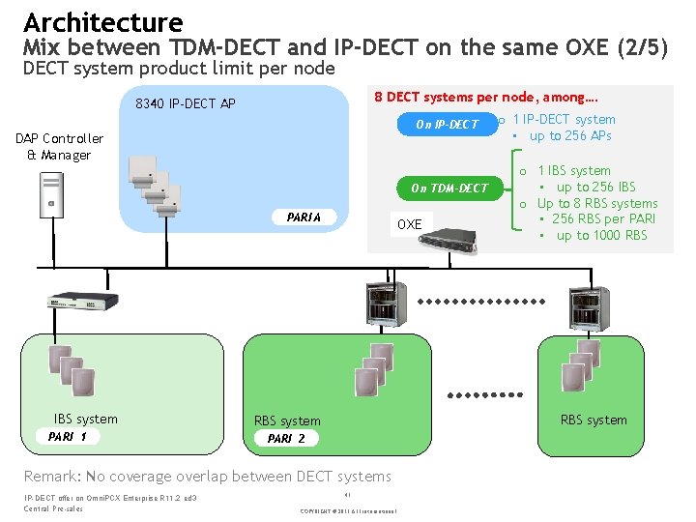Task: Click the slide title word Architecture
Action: click(102, 22)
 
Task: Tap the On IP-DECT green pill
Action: click(447, 124)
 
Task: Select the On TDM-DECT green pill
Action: click(449, 188)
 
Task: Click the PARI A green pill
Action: click(304, 217)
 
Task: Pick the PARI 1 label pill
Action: click(69, 437)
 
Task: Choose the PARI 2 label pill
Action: click(286, 438)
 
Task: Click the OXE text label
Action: click(410, 224)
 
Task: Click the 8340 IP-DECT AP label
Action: click(186, 103)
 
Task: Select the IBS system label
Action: click(85, 419)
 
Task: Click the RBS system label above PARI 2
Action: click(287, 420)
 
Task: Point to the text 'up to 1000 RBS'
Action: click(601, 235)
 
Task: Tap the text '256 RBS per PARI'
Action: click(604, 218)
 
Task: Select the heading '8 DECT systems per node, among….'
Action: click(485, 97)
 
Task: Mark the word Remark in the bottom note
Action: click(53, 476)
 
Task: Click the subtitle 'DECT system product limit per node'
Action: click(179, 69)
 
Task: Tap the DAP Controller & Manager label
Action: click(59, 147)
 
